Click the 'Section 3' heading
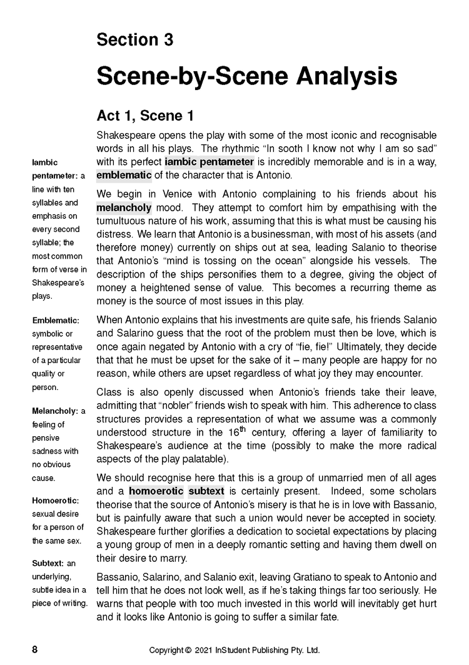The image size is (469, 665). [x=134, y=40]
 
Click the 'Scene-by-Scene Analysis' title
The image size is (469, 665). [x=246, y=76]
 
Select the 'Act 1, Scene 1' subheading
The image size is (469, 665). [x=145, y=116]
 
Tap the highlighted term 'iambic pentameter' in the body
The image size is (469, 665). [x=209, y=162]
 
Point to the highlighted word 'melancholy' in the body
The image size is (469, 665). [x=124, y=207]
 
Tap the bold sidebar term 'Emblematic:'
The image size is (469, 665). [x=56, y=321]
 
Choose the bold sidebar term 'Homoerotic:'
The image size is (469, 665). [x=56, y=500]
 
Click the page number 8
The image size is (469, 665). [x=35, y=649]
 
